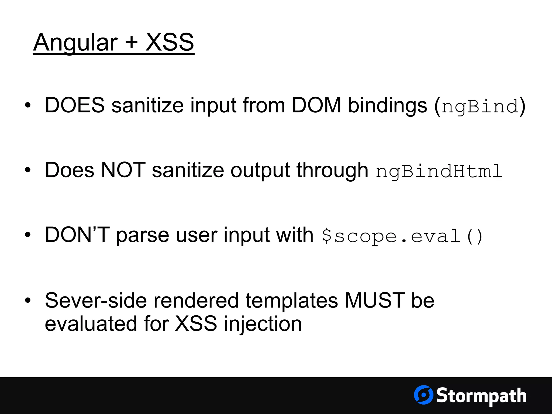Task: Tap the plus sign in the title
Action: click(x=132, y=43)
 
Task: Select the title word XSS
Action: click(x=170, y=43)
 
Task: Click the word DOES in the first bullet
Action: click(x=75, y=105)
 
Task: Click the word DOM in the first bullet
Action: click(x=316, y=105)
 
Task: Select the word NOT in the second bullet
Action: click(x=123, y=170)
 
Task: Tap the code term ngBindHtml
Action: click(x=439, y=171)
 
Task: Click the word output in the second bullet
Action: click(x=260, y=171)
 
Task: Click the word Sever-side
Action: click(x=96, y=300)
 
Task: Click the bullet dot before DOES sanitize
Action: click(x=27, y=106)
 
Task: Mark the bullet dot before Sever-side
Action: click(x=27, y=301)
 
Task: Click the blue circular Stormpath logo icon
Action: click(x=423, y=395)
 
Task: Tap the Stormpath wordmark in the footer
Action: click(x=481, y=396)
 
